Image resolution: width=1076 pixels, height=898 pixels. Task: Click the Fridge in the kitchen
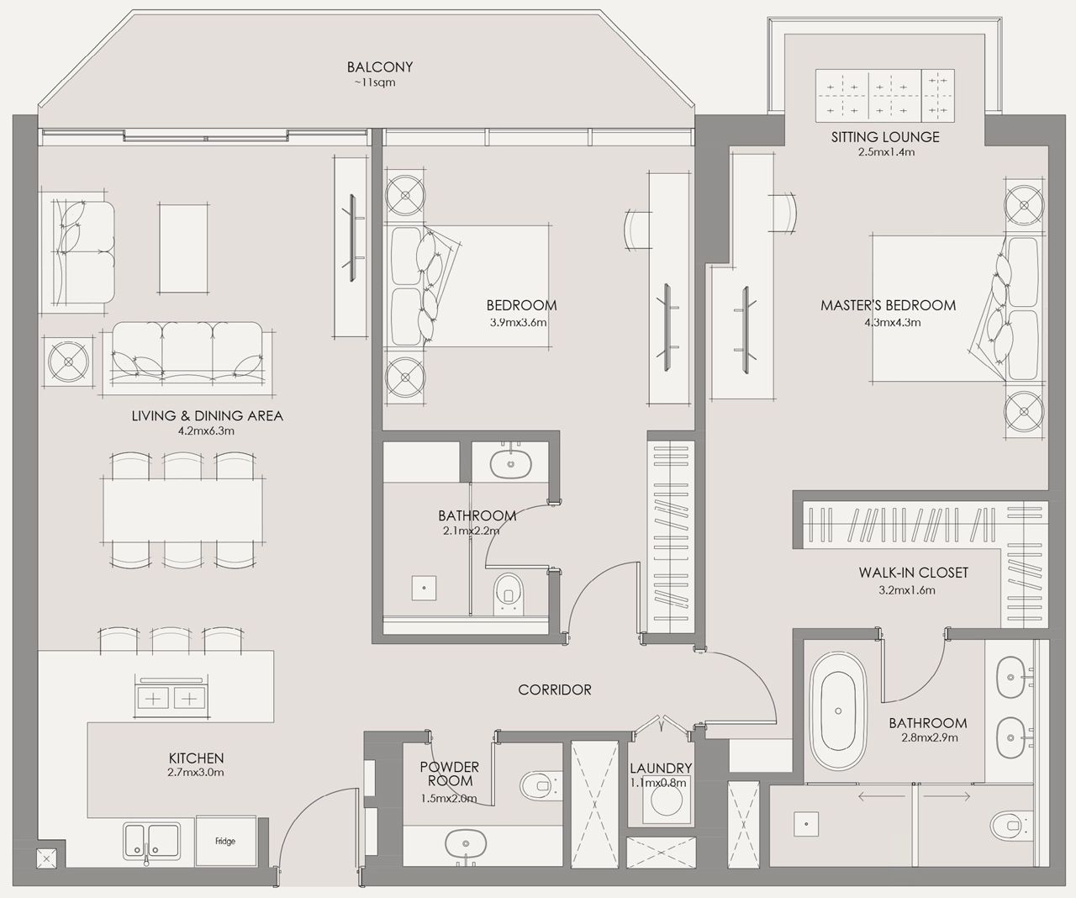coord(225,841)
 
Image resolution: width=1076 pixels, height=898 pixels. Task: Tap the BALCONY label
coord(380,67)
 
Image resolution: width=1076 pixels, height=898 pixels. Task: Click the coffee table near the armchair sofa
coord(183,248)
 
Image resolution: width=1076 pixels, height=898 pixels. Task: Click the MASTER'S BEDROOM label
coord(888,305)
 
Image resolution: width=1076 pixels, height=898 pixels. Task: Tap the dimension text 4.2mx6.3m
coord(206,431)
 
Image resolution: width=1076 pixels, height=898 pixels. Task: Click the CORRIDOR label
coord(555,689)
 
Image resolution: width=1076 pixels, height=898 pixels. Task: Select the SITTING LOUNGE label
coord(885,136)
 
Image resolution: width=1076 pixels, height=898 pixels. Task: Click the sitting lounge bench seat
coord(885,95)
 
